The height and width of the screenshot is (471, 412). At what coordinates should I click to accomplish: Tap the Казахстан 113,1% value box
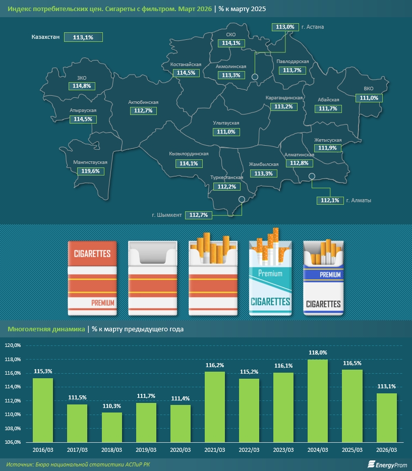click(x=83, y=37)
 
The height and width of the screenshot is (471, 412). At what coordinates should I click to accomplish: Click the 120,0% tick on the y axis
click(x=13, y=345)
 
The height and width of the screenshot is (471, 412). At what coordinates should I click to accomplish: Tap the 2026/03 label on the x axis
click(x=386, y=449)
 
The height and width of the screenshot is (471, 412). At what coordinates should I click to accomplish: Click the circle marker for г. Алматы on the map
click(x=312, y=176)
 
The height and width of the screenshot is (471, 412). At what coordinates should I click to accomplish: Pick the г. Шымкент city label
click(x=167, y=215)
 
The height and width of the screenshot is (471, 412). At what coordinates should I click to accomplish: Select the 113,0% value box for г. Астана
click(x=283, y=26)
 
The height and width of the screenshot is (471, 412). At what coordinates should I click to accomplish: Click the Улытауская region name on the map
click(x=226, y=123)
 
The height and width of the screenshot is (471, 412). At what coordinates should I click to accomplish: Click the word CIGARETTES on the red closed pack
click(x=92, y=254)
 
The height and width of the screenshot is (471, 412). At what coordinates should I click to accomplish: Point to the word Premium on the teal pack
click(x=270, y=273)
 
